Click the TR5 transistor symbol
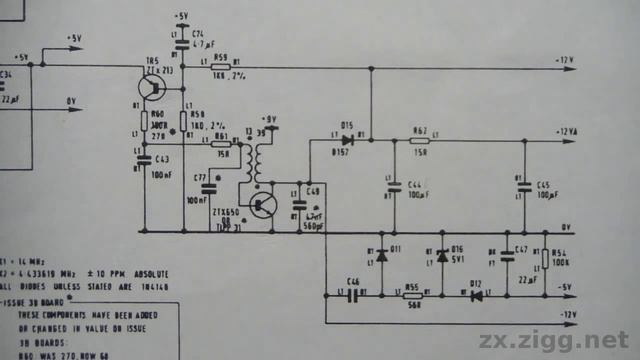point(153,87)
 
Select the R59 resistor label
point(220,58)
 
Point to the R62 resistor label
point(419,131)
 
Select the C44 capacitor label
point(414,184)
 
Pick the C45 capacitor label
point(544,185)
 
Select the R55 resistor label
point(411,286)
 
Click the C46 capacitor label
point(352,282)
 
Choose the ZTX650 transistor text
point(225,212)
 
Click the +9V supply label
point(267,118)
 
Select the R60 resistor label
point(157,114)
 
